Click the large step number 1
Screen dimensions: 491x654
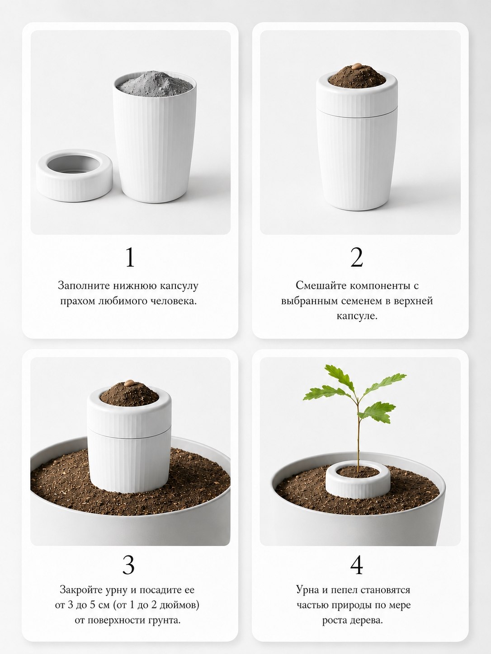click(x=130, y=257)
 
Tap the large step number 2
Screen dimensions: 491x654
click(x=357, y=257)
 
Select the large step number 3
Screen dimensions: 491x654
click(x=128, y=565)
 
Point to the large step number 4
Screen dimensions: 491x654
click(x=357, y=565)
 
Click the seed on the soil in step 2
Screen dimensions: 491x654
click(x=356, y=66)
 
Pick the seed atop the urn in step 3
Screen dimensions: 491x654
click(x=129, y=383)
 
